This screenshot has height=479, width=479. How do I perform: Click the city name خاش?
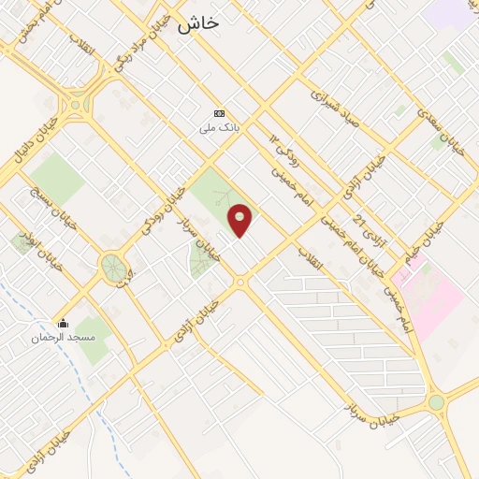click(197, 23)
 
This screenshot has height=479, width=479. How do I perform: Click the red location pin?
click(240, 220)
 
